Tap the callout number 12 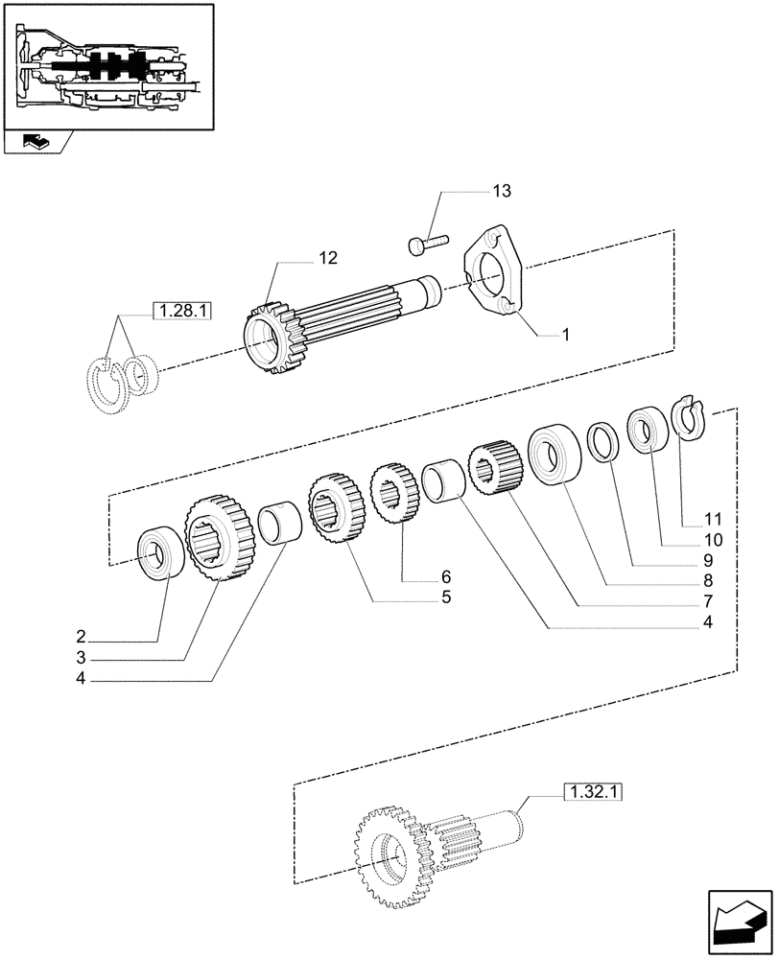coord(329,257)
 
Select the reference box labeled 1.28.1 coord(180,311)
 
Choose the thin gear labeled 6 coord(390,493)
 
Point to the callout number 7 coord(708,601)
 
